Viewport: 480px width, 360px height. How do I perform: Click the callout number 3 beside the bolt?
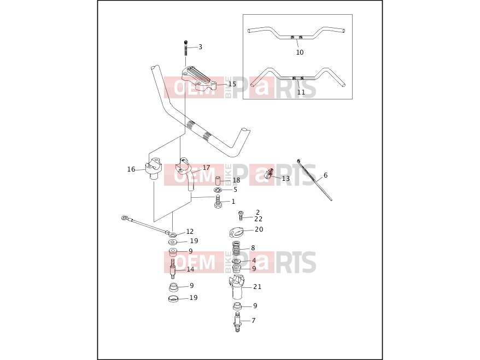tap(200, 47)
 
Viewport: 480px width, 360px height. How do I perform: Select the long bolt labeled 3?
tap(185, 48)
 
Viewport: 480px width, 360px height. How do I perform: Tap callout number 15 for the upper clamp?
tap(232, 84)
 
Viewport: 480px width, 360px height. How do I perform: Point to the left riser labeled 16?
tap(153, 168)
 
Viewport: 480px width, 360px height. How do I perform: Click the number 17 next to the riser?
tap(206, 168)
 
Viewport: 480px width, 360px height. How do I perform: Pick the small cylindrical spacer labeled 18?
tap(219, 180)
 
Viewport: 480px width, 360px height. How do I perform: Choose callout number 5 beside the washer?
tap(235, 190)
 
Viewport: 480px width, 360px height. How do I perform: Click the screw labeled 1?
tap(218, 202)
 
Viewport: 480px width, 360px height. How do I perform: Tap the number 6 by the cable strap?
tap(325, 175)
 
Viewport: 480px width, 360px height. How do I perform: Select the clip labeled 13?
tap(268, 174)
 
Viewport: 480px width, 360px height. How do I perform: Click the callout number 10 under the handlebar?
tap(300, 52)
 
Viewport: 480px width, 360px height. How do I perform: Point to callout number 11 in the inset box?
tap(301, 92)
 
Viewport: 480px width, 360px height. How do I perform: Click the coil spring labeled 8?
tap(236, 248)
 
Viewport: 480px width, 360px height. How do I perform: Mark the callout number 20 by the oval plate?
tap(259, 229)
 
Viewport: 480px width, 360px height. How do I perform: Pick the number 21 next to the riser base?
tap(257, 287)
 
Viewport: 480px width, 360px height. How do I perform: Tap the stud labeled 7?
tap(237, 321)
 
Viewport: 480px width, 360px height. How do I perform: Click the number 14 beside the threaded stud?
tap(190, 269)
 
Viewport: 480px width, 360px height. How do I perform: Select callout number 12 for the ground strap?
tap(190, 232)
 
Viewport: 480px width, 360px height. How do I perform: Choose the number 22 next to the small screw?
tap(259, 219)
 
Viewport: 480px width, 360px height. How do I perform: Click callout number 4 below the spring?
tap(254, 261)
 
